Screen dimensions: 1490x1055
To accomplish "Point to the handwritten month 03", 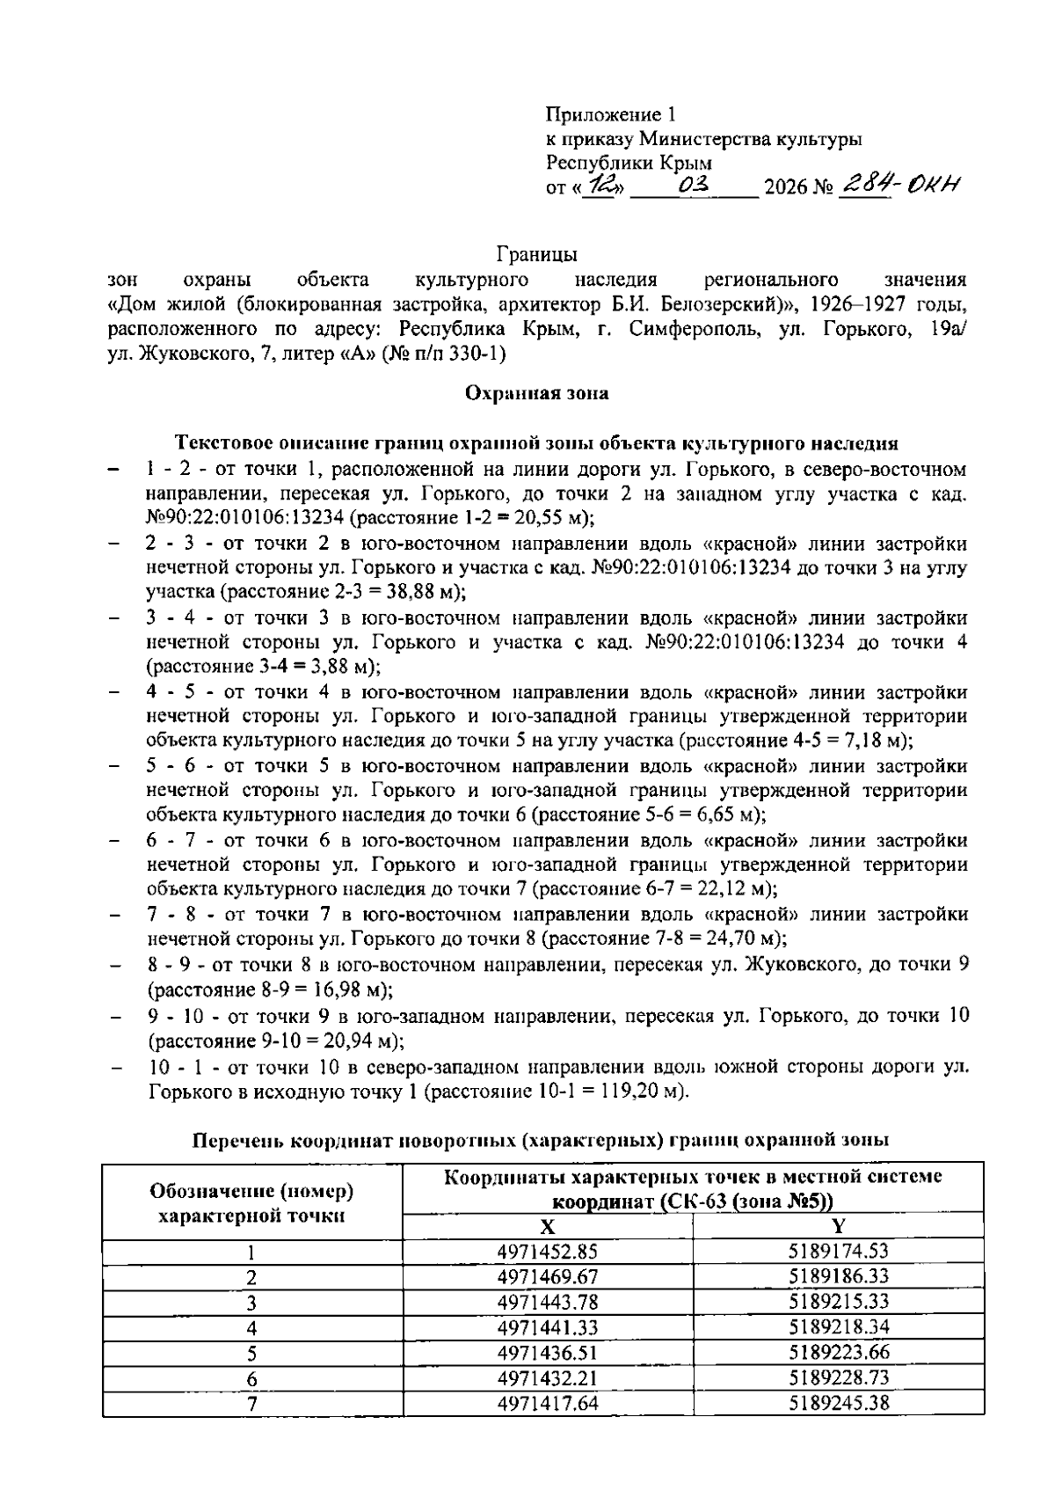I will (x=695, y=186).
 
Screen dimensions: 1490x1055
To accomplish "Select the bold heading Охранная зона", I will (x=536, y=393).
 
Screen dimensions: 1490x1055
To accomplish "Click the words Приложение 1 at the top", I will (x=612, y=114).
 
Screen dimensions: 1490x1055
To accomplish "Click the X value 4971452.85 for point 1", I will (x=547, y=1251).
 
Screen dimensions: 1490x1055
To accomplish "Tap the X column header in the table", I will (x=547, y=1226).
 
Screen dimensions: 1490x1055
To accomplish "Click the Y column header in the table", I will (x=839, y=1226).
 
